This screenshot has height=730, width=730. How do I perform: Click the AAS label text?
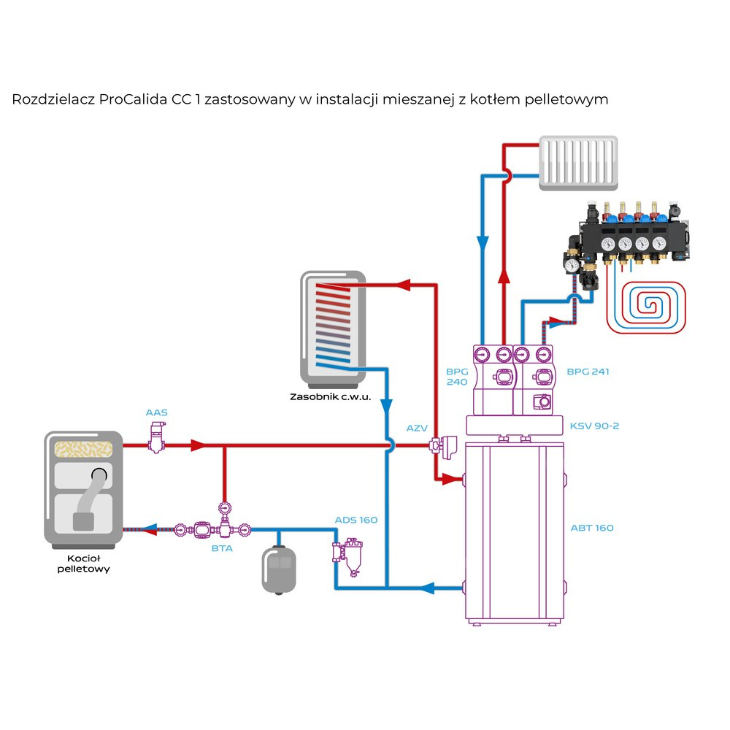pyautogui.click(x=156, y=412)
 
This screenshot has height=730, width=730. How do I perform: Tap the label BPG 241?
pyautogui.click(x=588, y=372)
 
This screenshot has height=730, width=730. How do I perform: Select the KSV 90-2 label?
pyautogui.click(x=593, y=426)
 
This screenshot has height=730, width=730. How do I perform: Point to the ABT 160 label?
pyautogui.click(x=592, y=528)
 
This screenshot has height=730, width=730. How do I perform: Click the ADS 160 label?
pyautogui.click(x=356, y=520)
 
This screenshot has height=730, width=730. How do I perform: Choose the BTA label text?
pyautogui.click(x=222, y=547)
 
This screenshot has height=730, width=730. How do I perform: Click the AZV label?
pyautogui.click(x=417, y=428)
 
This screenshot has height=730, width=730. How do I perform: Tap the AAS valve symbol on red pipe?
pyautogui.click(x=155, y=440)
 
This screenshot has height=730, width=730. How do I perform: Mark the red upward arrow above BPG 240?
pyautogui.click(x=503, y=278)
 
